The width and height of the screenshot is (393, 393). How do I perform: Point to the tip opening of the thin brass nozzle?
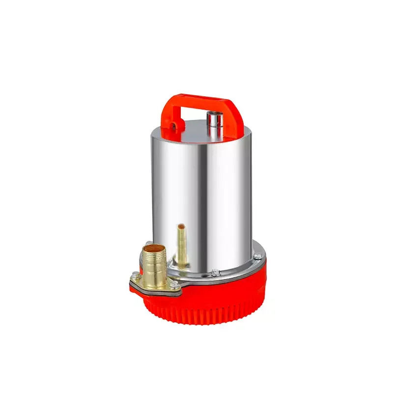click(x=182, y=226)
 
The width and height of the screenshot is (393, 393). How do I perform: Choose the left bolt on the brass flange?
click(x=135, y=275)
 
